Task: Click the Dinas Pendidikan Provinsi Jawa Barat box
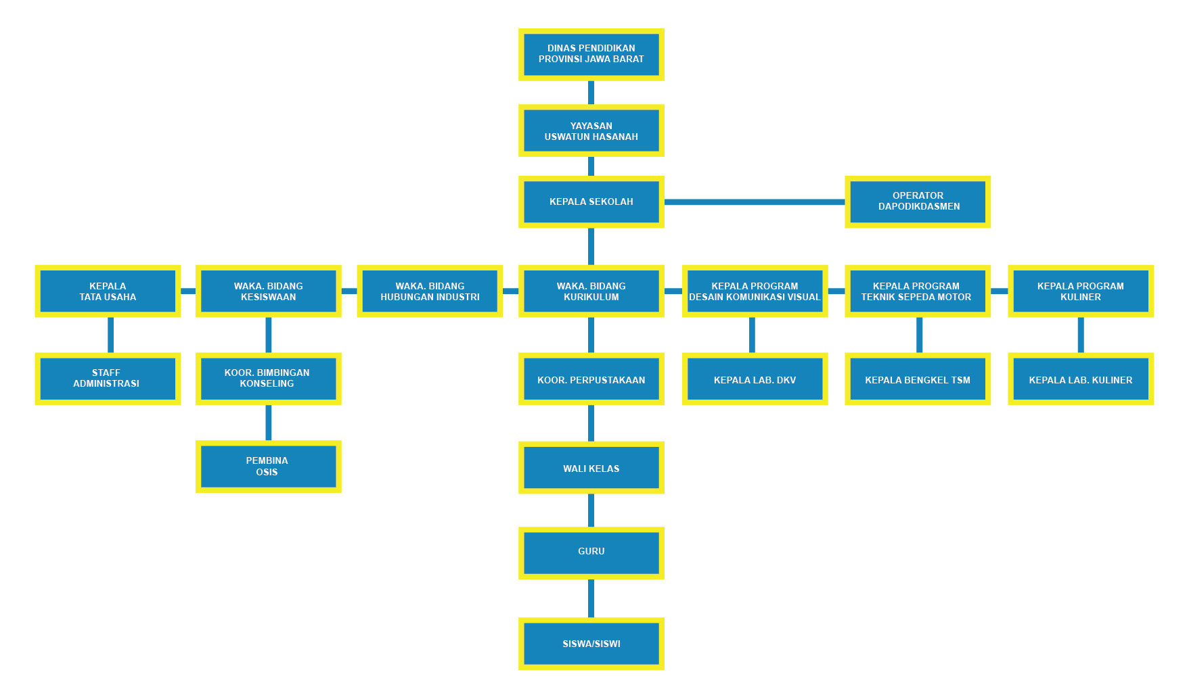591,54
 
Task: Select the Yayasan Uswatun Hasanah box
591,130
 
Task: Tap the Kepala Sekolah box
591,201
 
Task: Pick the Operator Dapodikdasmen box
918,201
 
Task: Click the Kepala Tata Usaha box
108,291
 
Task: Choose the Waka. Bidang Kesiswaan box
268,291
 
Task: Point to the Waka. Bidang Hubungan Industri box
430,291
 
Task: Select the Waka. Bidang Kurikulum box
591,291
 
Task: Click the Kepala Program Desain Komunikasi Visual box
755,291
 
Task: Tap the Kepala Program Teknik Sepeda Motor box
918,291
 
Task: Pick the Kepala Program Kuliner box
1081,291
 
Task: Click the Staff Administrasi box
108,379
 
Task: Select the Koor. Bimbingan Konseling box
268,379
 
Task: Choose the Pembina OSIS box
268,467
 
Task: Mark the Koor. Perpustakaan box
591,379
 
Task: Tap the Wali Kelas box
591,467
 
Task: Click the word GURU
591,551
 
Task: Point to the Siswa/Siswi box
591,644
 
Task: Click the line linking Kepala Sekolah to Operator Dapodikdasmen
755,201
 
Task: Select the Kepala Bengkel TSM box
918,379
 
